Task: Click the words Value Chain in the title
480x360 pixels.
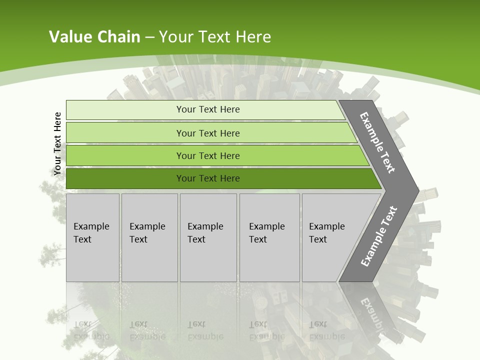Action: pyautogui.click(x=94, y=36)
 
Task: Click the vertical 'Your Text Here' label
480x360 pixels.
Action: pyautogui.click(x=57, y=143)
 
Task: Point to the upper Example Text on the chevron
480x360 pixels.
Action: pyautogui.click(x=377, y=142)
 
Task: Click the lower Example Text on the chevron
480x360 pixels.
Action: pyautogui.click(x=379, y=236)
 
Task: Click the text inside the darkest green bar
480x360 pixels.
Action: pyautogui.click(x=208, y=178)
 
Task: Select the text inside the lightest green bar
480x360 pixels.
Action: pyautogui.click(x=208, y=109)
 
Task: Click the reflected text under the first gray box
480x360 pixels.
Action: pyautogui.click(x=91, y=330)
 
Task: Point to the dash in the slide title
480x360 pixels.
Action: pyautogui.click(x=149, y=37)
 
